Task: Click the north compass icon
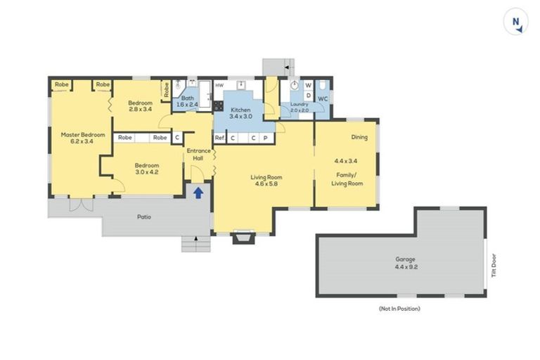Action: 515,21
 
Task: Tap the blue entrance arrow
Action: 198,193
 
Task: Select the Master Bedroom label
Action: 83,135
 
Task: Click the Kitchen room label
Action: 240,110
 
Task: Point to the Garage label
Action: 405,259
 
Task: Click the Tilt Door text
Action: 494,266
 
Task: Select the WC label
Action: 323,99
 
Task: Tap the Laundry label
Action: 300,104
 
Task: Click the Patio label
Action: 144,217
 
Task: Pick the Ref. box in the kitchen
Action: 219,138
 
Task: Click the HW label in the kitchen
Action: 219,85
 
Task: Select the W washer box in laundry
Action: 308,85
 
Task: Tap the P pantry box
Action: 266,138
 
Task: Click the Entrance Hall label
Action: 198,154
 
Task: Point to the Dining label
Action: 359,137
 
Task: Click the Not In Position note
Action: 399,309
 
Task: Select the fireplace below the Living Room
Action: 244,237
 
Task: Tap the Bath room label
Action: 187,98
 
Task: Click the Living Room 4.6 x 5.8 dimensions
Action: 266,184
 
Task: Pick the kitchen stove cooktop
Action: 218,105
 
